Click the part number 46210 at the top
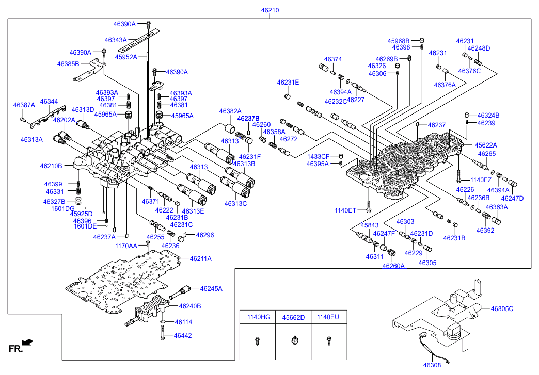coord(270,10)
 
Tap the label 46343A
coord(116,40)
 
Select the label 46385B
coord(68,64)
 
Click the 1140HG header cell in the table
coord(259,317)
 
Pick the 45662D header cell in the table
coord(293,317)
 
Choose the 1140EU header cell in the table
coord(328,317)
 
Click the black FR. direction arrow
coord(27,342)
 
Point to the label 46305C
coord(502,309)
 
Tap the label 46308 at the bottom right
coord(432,365)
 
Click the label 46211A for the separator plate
coord(201,259)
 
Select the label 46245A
coord(211,289)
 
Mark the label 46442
coord(183,336)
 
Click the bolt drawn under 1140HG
coord(257,341)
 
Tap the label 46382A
coord(230,111)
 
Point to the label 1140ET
coord(345,210)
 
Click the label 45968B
coord(399,41)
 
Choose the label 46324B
coord(488,116)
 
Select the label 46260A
coord(393,266)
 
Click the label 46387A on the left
coord(24,105)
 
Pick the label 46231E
coord(288,83)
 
